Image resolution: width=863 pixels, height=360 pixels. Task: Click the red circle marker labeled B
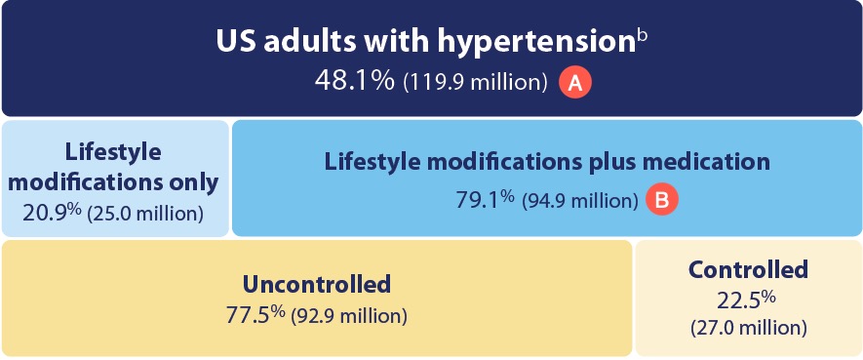coord(663,201)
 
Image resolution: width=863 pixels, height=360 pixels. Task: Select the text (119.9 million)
coord(474,83)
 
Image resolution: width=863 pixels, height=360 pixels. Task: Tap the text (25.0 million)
coord(145,213)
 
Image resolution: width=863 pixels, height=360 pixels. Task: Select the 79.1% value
coord(485,200)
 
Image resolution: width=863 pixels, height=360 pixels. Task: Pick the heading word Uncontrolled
coord(317,284)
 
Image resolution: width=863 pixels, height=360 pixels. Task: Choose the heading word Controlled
coord(748,269)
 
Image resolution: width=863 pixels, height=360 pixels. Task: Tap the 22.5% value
coord(749,300)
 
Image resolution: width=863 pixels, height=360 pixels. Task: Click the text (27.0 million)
coord(749,327)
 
